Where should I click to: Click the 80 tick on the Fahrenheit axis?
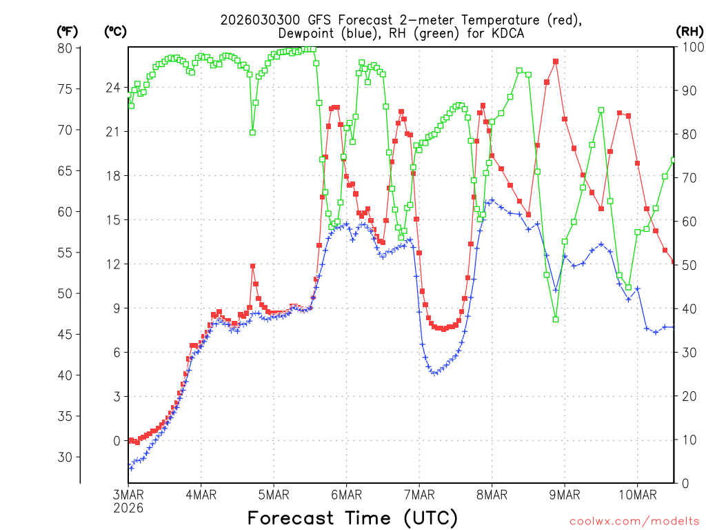[x=65, y=48]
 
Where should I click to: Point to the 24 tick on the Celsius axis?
[x=112, y=88]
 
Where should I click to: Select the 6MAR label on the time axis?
[x=346, y=495]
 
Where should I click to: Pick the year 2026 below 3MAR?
[x=128, y=508]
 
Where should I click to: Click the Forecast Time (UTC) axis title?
[x=352, y=518]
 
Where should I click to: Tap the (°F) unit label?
[x=68, y=31]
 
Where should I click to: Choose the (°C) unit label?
[x=115, y=31]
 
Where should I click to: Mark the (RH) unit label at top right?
[x=689, y=31]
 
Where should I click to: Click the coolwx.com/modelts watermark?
[x=634, y=521]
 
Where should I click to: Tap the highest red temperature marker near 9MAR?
[x=555, y=61]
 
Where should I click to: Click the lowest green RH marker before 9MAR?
[x=555, y=319]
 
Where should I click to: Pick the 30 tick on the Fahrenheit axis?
[x=65, y=457]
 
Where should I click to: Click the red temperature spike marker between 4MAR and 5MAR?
[x=253, y=266]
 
